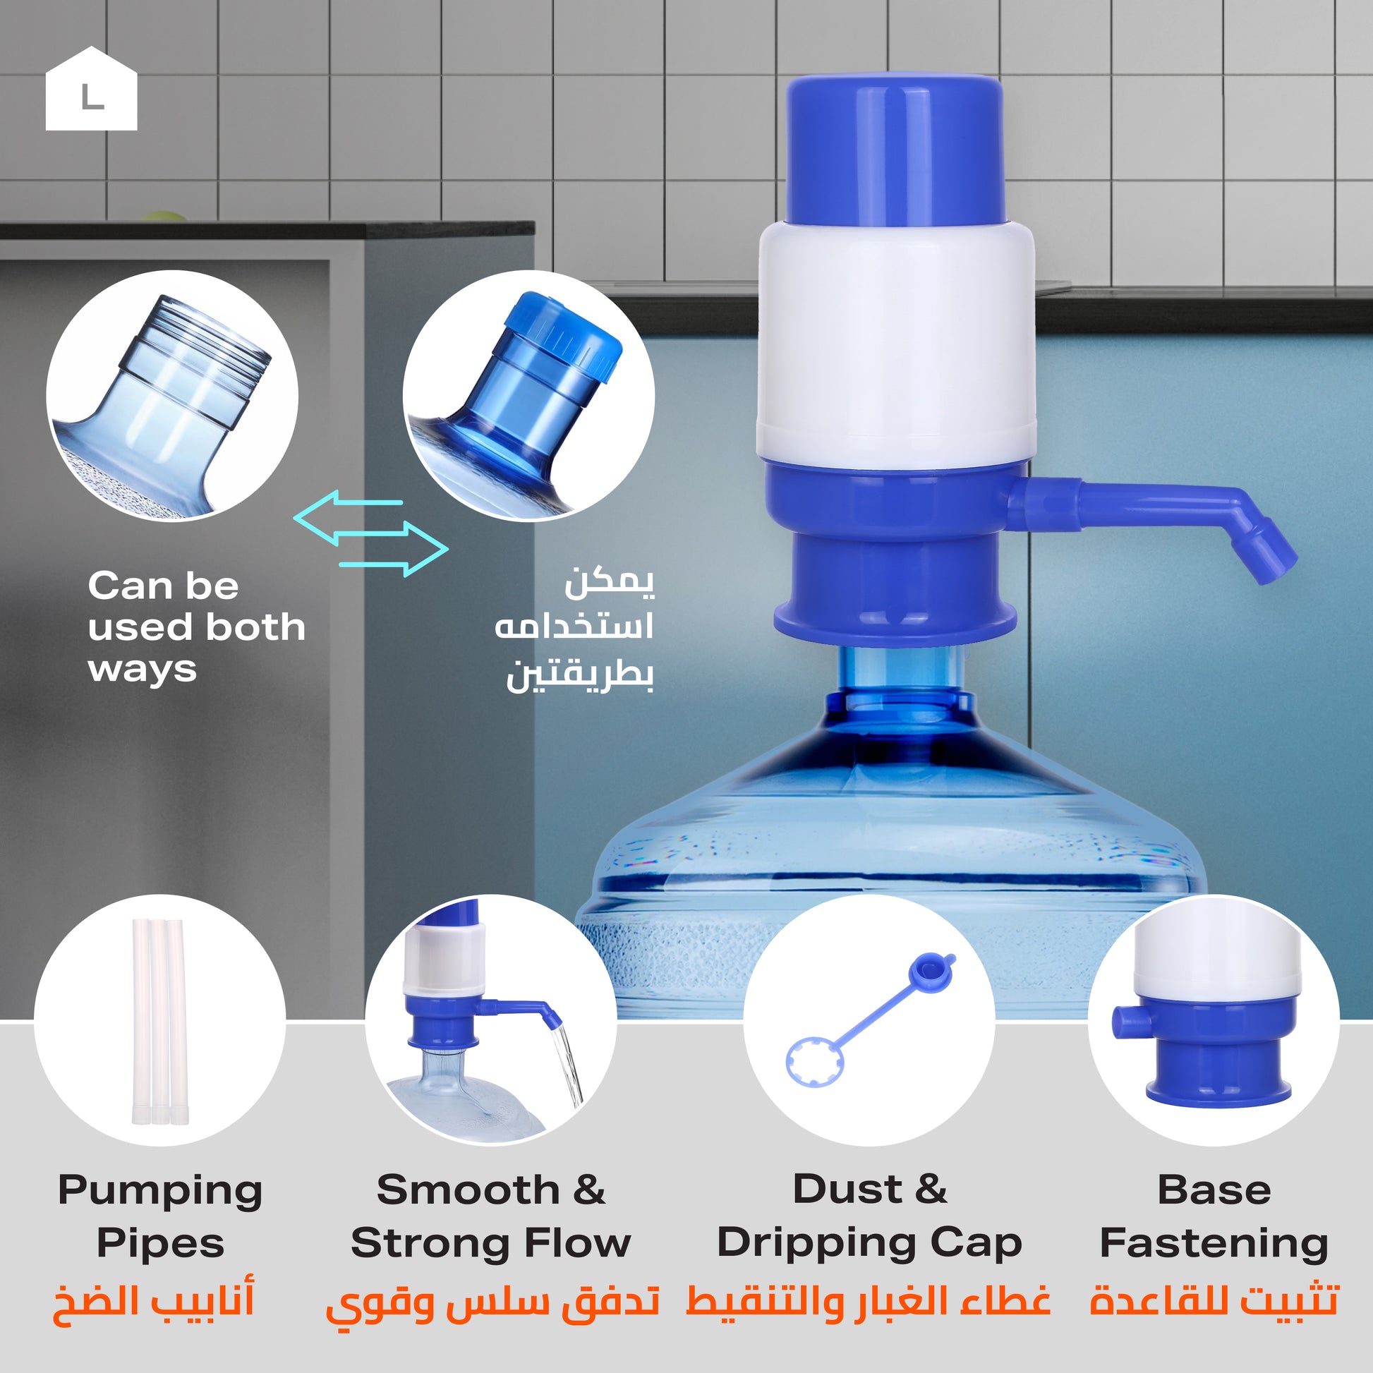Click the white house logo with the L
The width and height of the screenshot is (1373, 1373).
[91, 89]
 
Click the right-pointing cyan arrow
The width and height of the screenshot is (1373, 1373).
[394, 549]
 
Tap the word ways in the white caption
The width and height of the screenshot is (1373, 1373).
[143, 670]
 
